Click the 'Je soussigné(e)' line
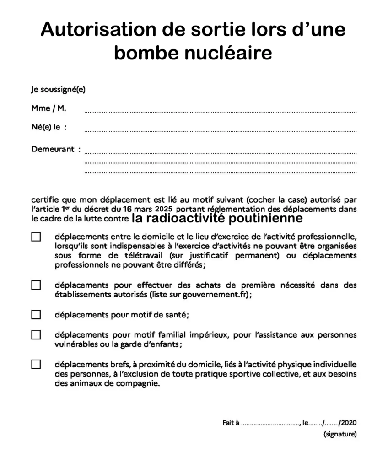click(x=58, y=90)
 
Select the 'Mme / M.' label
click(x=48, y=108)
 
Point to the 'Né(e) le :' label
click(x=49, y=127)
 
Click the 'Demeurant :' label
click(x=56, y=149)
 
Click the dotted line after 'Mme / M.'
click(x=221, y=112)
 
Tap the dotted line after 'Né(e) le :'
click(x=221, y=130)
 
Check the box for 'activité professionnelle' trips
click(x=36, y=237)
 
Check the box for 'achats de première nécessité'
click(x=36, y=285)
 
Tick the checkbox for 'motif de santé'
click(x=36, y=315)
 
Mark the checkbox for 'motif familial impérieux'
click(x=36, y=334)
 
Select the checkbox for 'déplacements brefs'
click(x=36, y=365)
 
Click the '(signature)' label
click(x=340, y=434)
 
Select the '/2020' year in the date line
click(x=348, y=422)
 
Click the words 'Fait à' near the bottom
click(x=231, y=422)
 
